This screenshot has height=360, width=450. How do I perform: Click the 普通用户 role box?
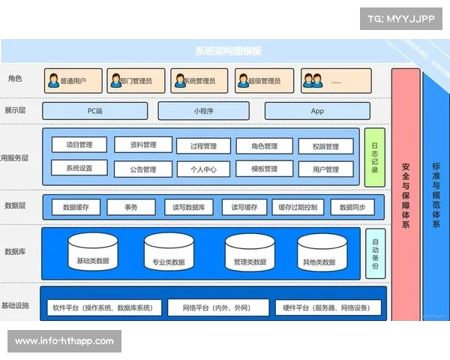73,79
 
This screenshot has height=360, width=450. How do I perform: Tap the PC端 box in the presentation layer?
94,111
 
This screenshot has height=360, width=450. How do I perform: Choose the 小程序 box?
202,111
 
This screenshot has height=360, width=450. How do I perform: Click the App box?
317,111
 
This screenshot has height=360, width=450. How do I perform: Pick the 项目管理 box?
79,145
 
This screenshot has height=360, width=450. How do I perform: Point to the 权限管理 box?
326,146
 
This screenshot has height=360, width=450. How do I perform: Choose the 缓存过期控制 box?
297,207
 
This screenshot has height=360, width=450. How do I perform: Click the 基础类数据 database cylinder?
93,252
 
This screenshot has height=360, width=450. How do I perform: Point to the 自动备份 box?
376,253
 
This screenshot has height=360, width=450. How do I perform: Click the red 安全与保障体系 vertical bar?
405,195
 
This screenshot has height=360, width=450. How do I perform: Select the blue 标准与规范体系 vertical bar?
436,195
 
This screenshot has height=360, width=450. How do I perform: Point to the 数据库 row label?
16,251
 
